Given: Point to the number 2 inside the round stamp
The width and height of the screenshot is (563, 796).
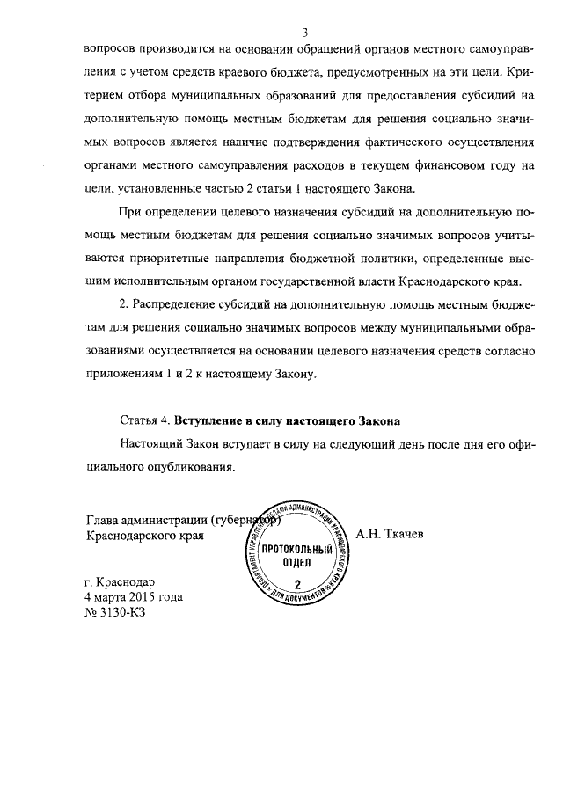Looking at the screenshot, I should (x=296, y=585).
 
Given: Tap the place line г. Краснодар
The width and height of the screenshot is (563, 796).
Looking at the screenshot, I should (x=120, y=581).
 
